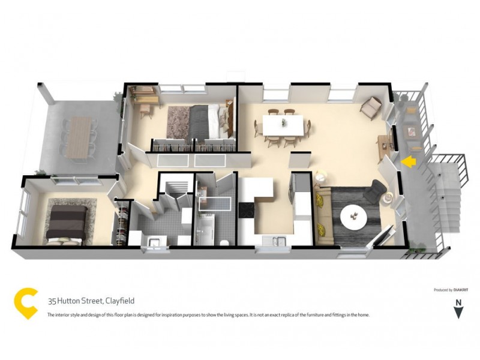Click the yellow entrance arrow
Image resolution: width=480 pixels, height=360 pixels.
[x=408, y=161]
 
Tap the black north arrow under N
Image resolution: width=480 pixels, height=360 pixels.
[x=459, y=313]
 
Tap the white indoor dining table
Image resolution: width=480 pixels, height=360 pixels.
[x=283, y=125]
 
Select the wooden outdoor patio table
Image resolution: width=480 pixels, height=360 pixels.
[x=77, y=136]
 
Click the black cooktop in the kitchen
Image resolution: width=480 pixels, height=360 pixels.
[x=247, y=210]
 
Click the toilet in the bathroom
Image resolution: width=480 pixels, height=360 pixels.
[x=224, y=242]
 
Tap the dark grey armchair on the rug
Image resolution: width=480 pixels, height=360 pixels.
[x=374, y=191]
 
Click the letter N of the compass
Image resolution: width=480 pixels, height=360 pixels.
[x=458, y=302]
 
